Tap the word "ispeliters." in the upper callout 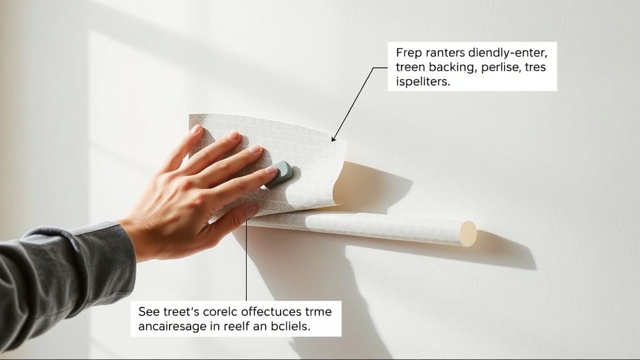tap(423, 82)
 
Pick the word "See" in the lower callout tap(148, 311)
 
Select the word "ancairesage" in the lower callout tap(169, 326)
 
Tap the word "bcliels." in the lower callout tap(291, 326)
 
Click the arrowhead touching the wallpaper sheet tap(333, 138)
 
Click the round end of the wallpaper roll tap(468, 233)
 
